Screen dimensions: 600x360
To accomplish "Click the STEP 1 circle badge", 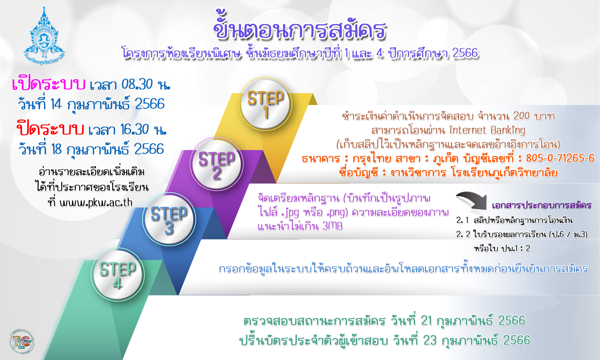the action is [x=266, y=104].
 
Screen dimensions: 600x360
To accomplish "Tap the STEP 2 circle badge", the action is [x=217, y=164].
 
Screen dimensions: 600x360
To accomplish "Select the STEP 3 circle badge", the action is [x=169, y=219].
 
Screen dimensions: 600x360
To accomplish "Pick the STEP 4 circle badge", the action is [x=117, y=274].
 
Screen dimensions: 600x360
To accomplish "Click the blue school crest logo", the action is [x=44, y=36].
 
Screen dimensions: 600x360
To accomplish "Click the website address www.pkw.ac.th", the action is [x=96, y=203].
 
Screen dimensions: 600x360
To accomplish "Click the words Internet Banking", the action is [x=487, y=130].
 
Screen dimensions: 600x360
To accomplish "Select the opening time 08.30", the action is [x=137, y=84].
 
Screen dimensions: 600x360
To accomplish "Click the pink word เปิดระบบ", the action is [x=48, y=84].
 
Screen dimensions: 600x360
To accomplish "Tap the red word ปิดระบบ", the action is [x=50, y=129].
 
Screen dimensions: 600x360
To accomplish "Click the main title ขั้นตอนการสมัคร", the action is [x=300, y=27].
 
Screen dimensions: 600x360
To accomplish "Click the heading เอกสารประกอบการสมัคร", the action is [x=541, y=205].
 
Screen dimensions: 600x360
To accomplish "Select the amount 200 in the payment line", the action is [x=521, y=116].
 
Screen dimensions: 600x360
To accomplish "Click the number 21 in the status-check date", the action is [x=426, y=320].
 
